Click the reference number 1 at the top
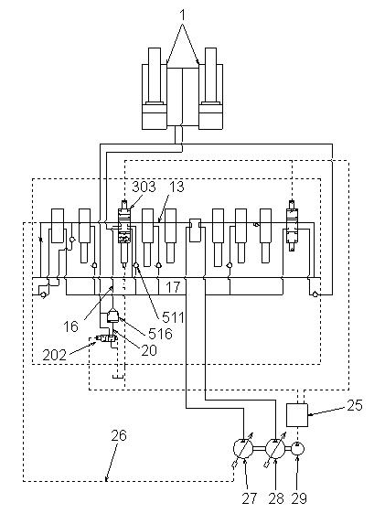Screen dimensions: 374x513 pyautogui.click(x=183, y=15)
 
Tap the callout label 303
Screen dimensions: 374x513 pyautogui.click(x=144, y=187)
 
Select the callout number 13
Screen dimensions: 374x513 pyautogui.click(x=176, y=187)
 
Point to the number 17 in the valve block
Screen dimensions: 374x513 pyautogui.click(x=173, y=287)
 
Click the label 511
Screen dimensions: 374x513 pyautogui.click(x=173, y=317)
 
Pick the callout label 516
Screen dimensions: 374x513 pyautogui.click(x=160, y=334)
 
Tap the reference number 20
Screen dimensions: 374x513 pyautogui.click(x=149, y=350)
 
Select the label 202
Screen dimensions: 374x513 pyautogui.click(x=55, y=355)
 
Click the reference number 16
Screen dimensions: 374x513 pyautogui.click(x=71, y=326)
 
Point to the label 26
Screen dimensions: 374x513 pyautogui.click(x=119, y=436)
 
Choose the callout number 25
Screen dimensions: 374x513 pyautogui.click(x=355, y=405)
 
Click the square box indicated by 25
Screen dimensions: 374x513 pyautogui.click(x=297, y=415)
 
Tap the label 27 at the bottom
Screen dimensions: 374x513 pyautogui.click(x=250, y=498)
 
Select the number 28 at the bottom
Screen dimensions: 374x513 pyautogui.click(x=276, y=498)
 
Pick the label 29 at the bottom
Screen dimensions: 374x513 pyautogui.click(x=299, y=498)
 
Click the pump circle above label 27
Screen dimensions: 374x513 pyautogui.click(x=244, y=449)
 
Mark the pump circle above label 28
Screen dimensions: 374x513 pyautogui.click(x=276, y=449)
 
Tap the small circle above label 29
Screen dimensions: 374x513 pyautogui.click(x=297, y=449)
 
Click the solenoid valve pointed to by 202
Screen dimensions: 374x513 pyautogui.click(x=104, y=339)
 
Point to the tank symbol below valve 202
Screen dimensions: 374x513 pyautogui.click(x=118, y=378)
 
